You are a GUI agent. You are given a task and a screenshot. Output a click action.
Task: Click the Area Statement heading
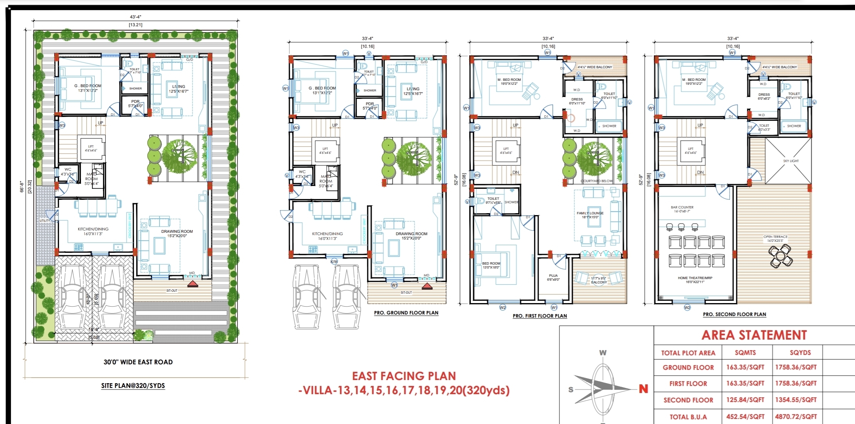[x=754, y=335]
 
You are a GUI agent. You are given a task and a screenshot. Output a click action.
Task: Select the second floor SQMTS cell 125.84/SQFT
[x=745, y=400]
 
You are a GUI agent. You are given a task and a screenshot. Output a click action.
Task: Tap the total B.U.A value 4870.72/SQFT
[x=796, y=417]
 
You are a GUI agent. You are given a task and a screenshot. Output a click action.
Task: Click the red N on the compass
[x=643, y=389]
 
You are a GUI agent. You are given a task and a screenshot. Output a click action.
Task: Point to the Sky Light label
[x=791, y=161]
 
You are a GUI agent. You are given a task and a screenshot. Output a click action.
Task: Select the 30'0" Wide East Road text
[x=138, y=362]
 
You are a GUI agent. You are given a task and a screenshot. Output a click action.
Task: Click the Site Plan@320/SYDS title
[x=133, y=386]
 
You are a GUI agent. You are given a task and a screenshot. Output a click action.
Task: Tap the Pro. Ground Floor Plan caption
[x=406, y=313]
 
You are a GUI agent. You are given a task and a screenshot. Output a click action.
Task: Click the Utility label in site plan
[x=45, y=221]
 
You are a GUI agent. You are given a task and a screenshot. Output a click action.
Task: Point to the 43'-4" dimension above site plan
[x=135, y=17]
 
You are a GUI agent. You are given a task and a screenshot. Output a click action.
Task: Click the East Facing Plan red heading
[x=404, y=376]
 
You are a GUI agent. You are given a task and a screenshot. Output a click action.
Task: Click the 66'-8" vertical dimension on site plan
[x=22, y=186]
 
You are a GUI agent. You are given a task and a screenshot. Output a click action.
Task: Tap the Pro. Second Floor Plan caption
[x=734, y=314]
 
